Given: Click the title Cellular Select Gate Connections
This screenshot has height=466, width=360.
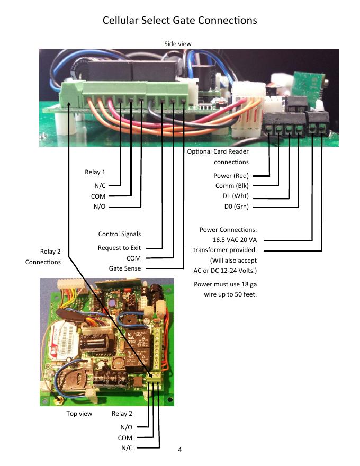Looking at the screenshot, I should (x=179, y=21).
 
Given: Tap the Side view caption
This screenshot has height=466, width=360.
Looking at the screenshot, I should (x=178, y=43).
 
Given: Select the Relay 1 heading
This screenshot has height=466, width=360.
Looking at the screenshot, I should (x=95, y=172).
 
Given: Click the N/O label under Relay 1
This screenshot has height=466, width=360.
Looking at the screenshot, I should (x=99, y=206).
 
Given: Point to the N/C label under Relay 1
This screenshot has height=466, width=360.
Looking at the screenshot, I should (x=99, y=186).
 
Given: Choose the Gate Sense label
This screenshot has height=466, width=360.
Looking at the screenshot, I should (x=125, y=268).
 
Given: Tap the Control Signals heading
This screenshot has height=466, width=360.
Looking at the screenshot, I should (x=120, y=234).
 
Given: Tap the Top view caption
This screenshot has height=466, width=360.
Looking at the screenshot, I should (x=79, y=414).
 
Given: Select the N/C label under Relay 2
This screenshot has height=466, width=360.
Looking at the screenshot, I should (x=127, y=448).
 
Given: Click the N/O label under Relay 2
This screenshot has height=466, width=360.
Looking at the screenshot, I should (x=127, y=427).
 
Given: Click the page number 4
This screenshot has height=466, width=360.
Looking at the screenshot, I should (x=179, y=450).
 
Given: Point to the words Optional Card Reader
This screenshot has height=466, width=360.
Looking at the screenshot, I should (x=218, y=152).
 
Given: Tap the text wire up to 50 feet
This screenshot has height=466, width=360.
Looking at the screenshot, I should (x=230, y=294).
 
